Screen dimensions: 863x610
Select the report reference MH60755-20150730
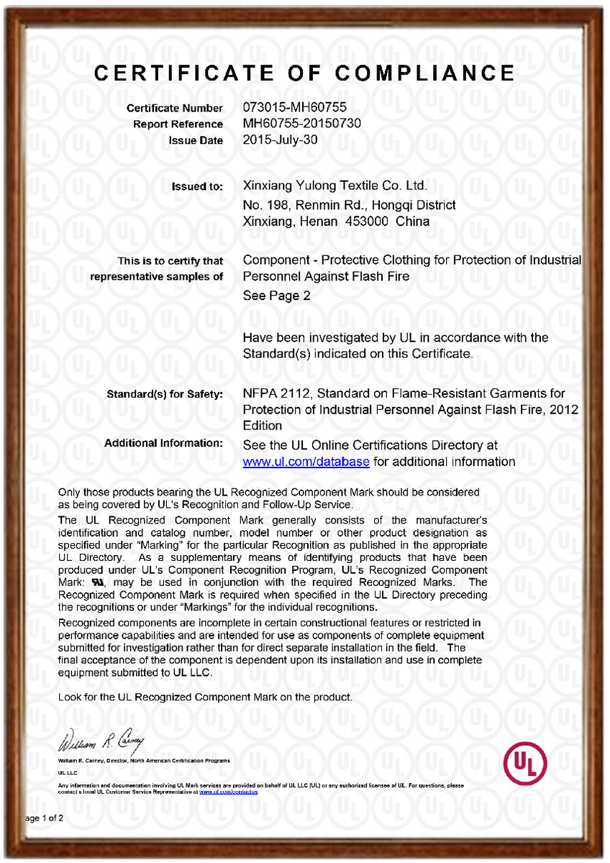pyautogui.click(x=302, y=124)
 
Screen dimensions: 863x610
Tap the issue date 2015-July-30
pyautogui.click(x=281, y=140)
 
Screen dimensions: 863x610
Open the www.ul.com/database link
pyautogui.click(x=306, y=462)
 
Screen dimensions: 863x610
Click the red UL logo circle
pyautogui.click(x=526, y=762)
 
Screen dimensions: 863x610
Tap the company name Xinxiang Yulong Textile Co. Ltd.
pyautogui.click(x=336, y=186)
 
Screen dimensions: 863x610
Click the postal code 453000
pyautogui.click(x=367, y=222)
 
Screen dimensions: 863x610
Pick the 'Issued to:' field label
pyautogui.click(x=197, y=187)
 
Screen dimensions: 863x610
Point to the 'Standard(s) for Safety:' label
pyautogui.click(x=165, y=394)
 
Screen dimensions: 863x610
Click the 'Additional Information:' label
pyautogui.click(x=164, y=444)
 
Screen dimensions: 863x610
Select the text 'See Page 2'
pyautogui.click(x=277, y=296)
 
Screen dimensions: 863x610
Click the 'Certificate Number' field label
pyautogui.click(x=175, y=109)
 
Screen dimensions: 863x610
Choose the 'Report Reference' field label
pyautogui.click(x=178, y=124)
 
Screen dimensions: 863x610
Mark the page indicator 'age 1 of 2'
pyautogui.click(x=45, y=818)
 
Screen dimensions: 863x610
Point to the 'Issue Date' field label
pyautogui.click(x=196, y=141)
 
